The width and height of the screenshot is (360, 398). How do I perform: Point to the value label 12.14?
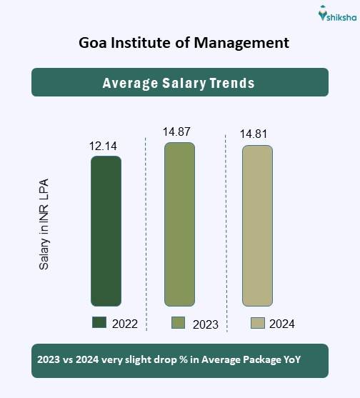coord(103,146)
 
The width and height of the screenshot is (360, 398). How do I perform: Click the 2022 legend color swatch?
coord(99,323)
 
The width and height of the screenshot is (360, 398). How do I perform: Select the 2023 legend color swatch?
coord(179,323)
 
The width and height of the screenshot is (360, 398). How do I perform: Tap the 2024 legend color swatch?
coord(257,323)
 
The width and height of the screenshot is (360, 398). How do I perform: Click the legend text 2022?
coord(124,324)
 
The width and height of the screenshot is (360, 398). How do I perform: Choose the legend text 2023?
coord(205,324)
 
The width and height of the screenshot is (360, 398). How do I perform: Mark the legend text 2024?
coord(282,324)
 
